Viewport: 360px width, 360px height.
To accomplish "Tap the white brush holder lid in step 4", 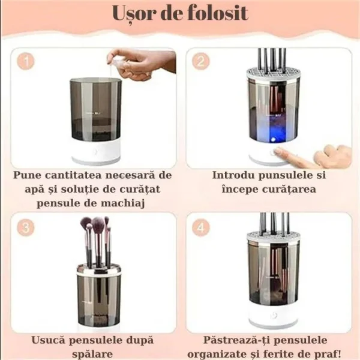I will pos(274,239).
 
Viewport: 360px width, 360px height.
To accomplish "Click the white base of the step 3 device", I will pos(96,321).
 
